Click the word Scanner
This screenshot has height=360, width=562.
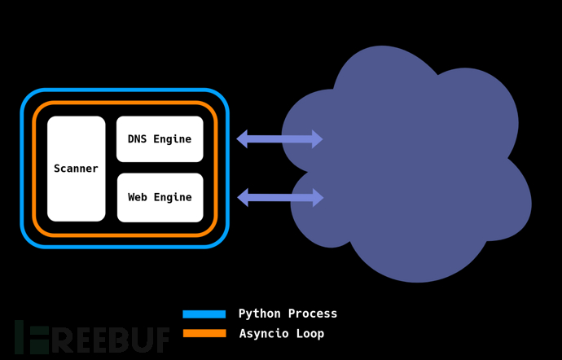pos(76,169)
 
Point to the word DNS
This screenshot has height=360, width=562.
pos(138,139)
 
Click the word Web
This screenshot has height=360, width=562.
pos(138,197)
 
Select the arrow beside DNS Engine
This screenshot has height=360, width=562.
pos(279,139)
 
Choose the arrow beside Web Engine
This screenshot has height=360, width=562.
pos(280,197)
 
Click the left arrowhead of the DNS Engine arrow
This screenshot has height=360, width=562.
pos(243,139)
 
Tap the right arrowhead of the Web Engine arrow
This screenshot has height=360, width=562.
pos(317,197)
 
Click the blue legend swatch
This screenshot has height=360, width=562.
pos(204,314)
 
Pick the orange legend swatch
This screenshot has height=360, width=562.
pos(204,333)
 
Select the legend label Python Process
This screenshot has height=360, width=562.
pos(288,314)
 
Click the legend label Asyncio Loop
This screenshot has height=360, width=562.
pos(281,334)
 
